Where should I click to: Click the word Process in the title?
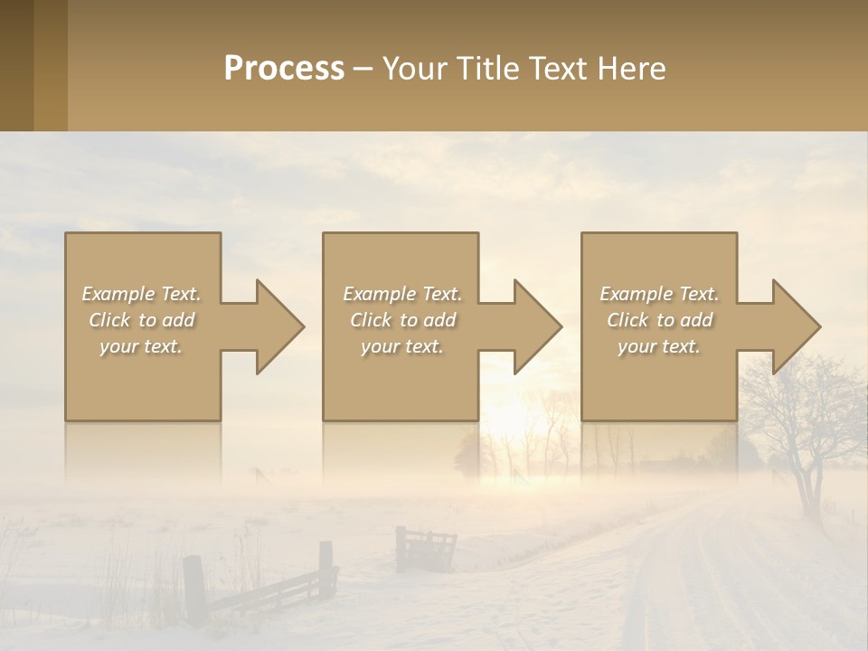click(284, 69)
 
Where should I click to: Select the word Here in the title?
click(632, 69)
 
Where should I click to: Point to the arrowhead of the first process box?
click(279, 326)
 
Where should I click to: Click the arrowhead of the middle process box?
click(537, 326)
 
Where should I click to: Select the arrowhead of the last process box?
click(796, 326)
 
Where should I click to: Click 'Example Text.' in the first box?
click(141, 294)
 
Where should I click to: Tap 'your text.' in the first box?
click(141, 346)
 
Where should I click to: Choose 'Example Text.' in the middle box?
click(402, 294)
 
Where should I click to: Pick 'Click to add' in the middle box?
click(402, 320)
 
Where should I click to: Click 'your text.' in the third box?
click(659, 346)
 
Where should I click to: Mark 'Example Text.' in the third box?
click(659, 294)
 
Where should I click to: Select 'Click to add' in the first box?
click(141, 320)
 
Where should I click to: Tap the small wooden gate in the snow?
click(425, 548)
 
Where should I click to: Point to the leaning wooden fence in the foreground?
click(262, 588)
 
